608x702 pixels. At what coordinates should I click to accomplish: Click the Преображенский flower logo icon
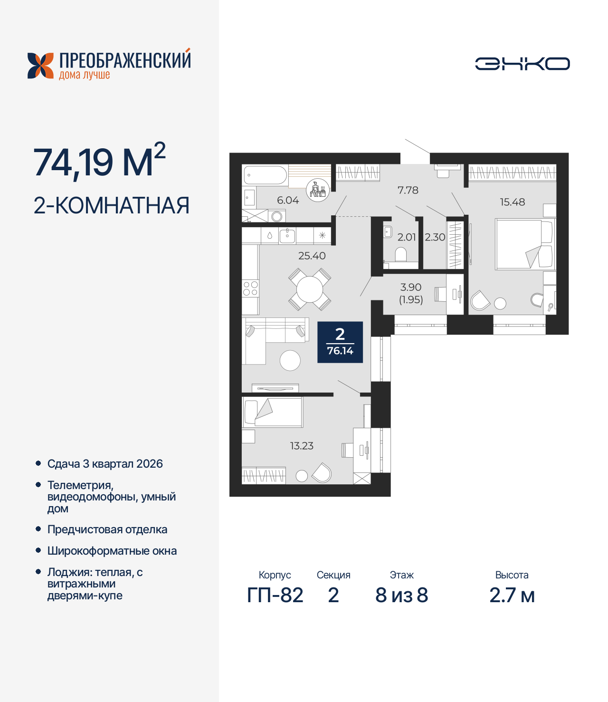(x=40, y=66)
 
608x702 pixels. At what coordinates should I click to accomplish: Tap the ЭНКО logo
(x=522, y=64)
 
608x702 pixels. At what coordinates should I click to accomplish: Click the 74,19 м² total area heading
(x=99, y=162)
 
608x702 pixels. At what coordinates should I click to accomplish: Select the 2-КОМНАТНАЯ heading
(x=112, y=206)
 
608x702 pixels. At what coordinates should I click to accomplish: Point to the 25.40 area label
(x=312, y=256)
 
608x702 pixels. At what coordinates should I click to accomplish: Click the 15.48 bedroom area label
(x=512, y=202)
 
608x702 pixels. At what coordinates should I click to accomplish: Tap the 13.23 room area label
(x=302, y=446)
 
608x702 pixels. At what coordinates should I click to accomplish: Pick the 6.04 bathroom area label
(x=288, y=200)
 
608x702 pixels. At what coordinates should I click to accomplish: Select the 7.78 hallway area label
(x=408, y=190)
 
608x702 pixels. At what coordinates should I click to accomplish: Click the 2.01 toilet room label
(x=407, y=237)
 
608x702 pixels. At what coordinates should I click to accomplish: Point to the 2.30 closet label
(x=435, y=237)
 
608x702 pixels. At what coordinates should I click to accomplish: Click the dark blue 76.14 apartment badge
(x=340, y=342)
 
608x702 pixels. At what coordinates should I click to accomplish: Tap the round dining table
(x=309, y=289)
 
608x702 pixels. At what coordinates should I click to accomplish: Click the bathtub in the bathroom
(x=265, y=175)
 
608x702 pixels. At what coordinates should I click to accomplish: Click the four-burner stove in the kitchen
(x=250, y=288)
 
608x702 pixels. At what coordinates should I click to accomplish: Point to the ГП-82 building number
(x=275, y=595)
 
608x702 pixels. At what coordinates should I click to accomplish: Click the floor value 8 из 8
(x=401, y=595)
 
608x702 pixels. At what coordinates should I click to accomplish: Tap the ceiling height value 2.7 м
(x=512, y=595)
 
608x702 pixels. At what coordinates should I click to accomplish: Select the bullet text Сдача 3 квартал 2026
(x=105, y=464)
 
